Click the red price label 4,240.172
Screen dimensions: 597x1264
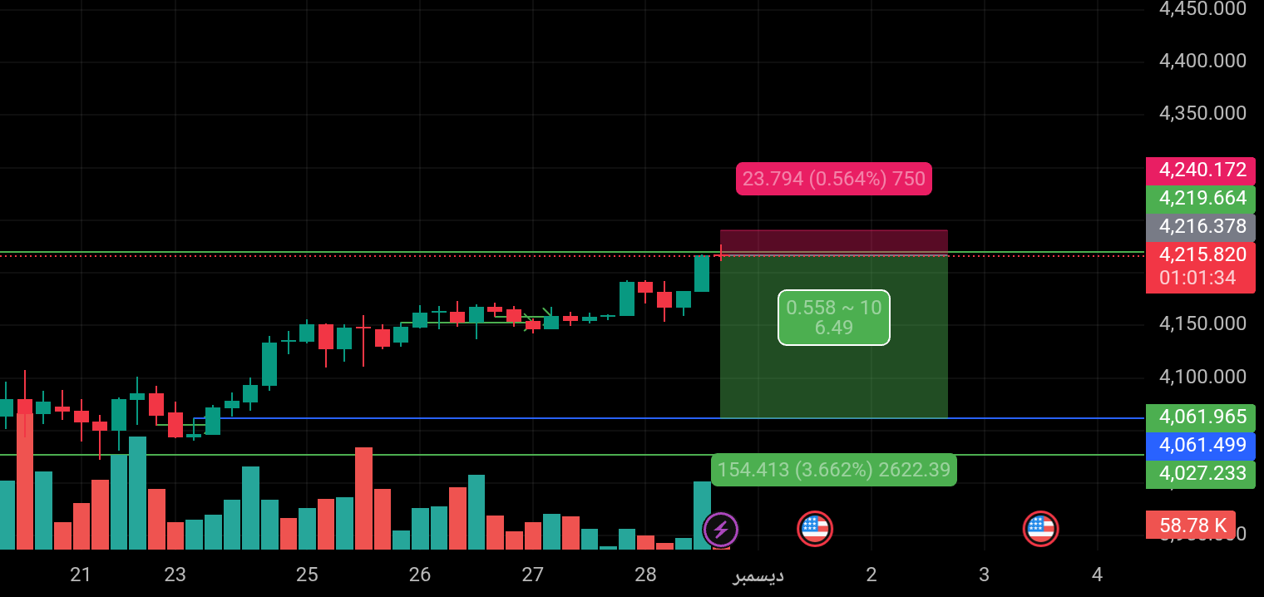1200,170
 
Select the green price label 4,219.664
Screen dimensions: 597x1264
1200,199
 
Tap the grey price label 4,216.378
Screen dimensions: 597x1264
1200,227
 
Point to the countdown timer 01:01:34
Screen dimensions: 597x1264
1197,278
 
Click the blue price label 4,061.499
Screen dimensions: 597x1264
1200,445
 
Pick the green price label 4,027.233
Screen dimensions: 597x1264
1200,473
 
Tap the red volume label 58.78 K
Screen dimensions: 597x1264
1191,525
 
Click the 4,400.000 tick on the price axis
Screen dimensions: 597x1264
1202,61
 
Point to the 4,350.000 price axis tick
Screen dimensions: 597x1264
1202,113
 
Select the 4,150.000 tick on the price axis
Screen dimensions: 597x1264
1202,323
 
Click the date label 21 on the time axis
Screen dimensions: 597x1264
81,575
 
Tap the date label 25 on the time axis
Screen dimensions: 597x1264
307,575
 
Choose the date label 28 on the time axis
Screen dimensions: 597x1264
645,575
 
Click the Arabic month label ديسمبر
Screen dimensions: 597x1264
758,575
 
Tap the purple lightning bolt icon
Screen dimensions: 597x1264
720,529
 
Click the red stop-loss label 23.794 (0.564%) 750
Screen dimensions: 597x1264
833,180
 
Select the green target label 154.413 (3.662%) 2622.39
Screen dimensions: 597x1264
833,470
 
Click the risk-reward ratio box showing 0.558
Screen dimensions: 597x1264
833,318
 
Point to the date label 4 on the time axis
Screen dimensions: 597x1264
1097,575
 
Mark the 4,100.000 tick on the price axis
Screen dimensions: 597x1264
1202,377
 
